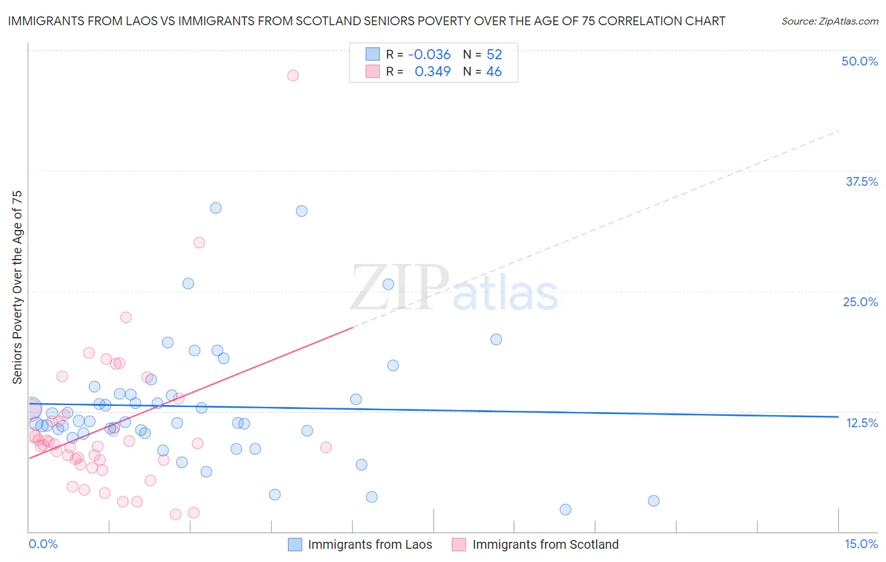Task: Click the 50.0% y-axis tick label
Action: click(860, 62)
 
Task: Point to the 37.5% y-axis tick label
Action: click(861, 182)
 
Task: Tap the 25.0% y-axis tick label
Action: click(860, 302)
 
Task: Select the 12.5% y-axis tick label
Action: click(861, 423)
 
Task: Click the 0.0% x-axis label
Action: click(43, 544)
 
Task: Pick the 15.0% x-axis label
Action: click(861, 544)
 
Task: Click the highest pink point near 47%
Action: click(293, 76)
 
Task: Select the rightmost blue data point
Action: click(653, 501)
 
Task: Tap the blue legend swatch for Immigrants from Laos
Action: click(295, 544)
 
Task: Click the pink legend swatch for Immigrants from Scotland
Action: click(459, 544)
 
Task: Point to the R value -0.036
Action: click(429, 55)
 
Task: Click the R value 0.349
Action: click(432, 72)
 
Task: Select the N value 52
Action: click(494, 55)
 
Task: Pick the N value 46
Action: click(494, 72)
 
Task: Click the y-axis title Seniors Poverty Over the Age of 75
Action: click(17, 287)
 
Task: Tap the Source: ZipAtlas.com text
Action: click(829, 21)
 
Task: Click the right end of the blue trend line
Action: click(837, 416)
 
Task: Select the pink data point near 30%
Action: click(199, 243)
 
